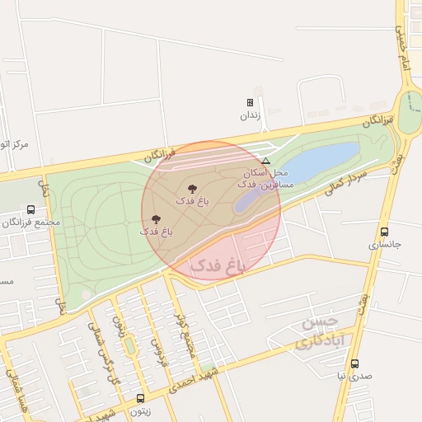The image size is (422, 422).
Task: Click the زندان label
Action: coord(250,115)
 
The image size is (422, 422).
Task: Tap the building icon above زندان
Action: coord(250,103)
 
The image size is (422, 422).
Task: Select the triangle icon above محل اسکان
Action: coord(265,161)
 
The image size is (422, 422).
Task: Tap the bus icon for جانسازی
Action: coord(384,232)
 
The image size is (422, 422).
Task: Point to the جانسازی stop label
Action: coord(383,245)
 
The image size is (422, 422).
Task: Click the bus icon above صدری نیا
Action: coord(354,363)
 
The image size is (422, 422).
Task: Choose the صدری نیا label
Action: coord(354,377)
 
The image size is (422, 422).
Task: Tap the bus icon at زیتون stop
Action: coord(140,398)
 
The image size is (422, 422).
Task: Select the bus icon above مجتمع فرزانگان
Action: coord(30,209)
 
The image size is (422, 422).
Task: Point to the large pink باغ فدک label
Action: coord(219,265)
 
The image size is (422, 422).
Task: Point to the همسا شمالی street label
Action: coord(12,387)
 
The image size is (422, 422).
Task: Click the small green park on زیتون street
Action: coord(129,346)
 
